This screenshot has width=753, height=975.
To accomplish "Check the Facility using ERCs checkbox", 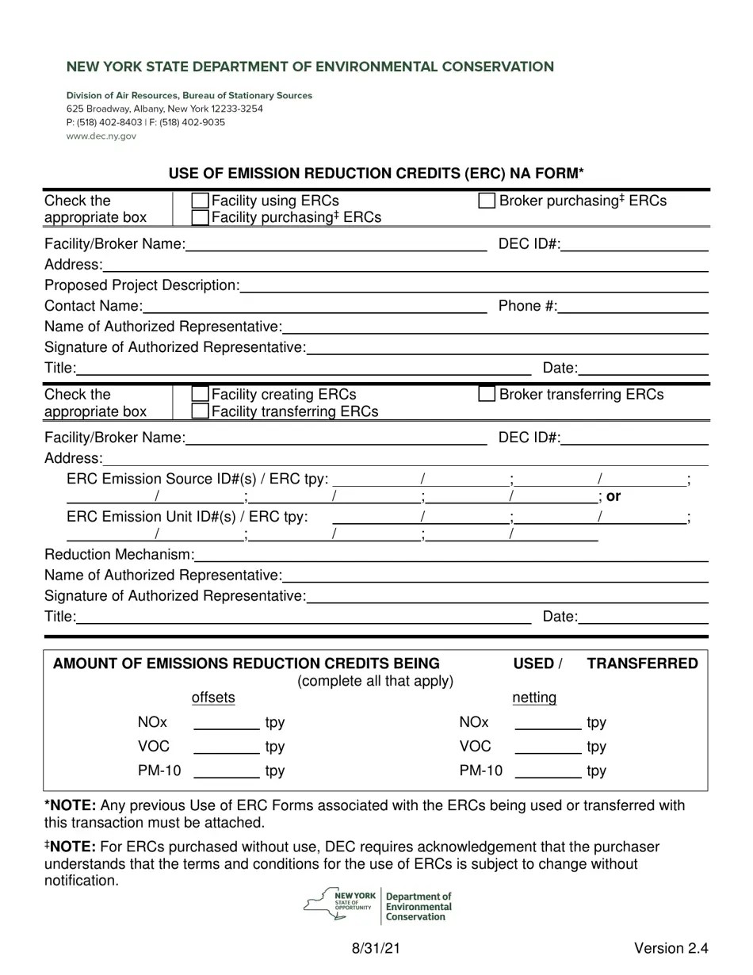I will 201,201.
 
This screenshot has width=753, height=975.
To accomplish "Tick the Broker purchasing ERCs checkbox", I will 487,201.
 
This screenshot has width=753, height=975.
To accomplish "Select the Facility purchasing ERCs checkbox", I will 201,217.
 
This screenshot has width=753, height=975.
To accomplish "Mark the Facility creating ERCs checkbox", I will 201,394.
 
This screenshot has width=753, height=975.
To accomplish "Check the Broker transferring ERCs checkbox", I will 487,394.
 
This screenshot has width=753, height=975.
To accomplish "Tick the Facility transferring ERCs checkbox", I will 201,411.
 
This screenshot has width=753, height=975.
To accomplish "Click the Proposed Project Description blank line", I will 473,285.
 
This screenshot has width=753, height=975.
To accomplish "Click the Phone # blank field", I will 633,306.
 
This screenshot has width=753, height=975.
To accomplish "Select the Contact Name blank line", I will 315,306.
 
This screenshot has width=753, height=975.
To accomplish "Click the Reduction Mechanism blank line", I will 450,554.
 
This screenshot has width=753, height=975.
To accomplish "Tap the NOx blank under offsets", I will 227,722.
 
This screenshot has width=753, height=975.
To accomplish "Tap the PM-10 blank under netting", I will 548,770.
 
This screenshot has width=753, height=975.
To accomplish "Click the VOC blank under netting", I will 548,747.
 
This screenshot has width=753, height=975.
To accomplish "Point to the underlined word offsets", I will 213,698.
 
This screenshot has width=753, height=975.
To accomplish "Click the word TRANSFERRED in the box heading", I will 642,663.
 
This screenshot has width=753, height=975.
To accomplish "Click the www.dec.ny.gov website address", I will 101,136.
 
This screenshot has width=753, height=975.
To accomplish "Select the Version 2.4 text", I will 671,948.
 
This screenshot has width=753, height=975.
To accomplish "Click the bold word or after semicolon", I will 613,496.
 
